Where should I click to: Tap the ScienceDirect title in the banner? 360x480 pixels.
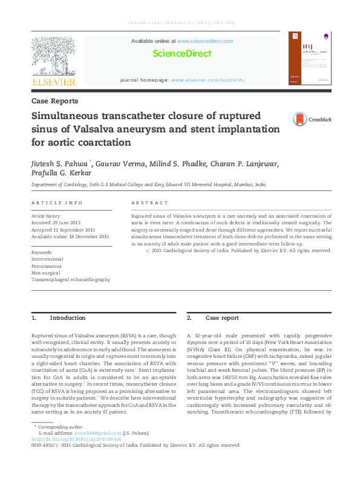(182, 54)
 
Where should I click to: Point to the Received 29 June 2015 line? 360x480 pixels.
(58, 222)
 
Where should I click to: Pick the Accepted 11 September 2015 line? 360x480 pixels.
(64, 230)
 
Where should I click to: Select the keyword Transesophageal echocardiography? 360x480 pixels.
(71, 280)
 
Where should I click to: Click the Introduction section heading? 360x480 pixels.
(67, 318)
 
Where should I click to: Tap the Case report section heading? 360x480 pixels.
(222, 318)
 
